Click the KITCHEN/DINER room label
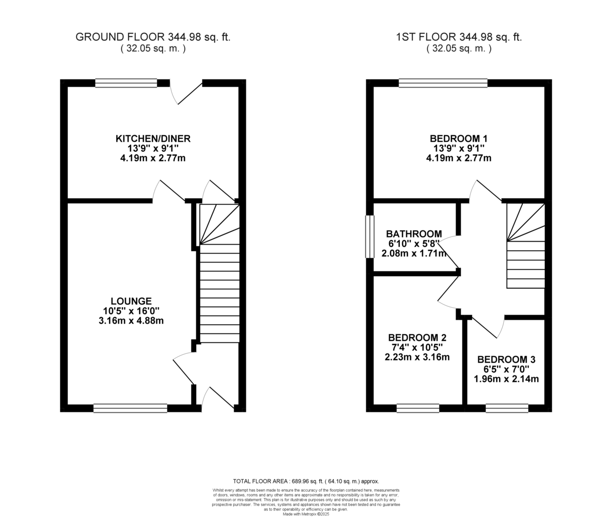click(x=153, y=139)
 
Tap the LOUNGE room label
click(x=131, y=301)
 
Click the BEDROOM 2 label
click(x=417, y=337)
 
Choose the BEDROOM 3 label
click(x=506, y=359)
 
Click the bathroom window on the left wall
click(x=369, y=236)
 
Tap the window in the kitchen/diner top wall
click(x=126, y=83)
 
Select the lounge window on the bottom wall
click(x=131, y=408)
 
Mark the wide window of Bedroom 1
click(x=443, y=83)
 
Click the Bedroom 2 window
click(x=418, y=408)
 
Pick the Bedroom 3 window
click(x=506, y=408)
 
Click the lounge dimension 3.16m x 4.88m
click(x=131, y=321)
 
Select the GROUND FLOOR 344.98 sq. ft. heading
click(x=153, y=37)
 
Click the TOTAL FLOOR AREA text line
click(x=306, y=481)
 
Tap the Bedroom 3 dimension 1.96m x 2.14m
click(x=506, y=379)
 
